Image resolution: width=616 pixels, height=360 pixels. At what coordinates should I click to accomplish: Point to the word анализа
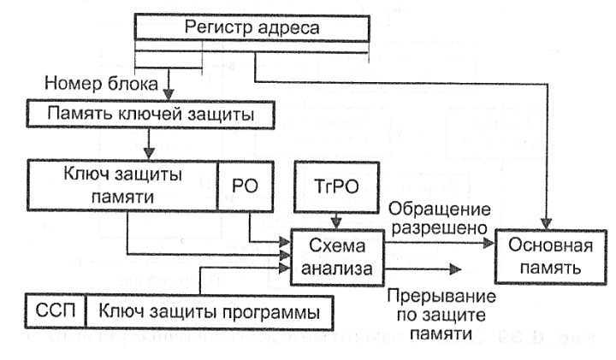(335, 269)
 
